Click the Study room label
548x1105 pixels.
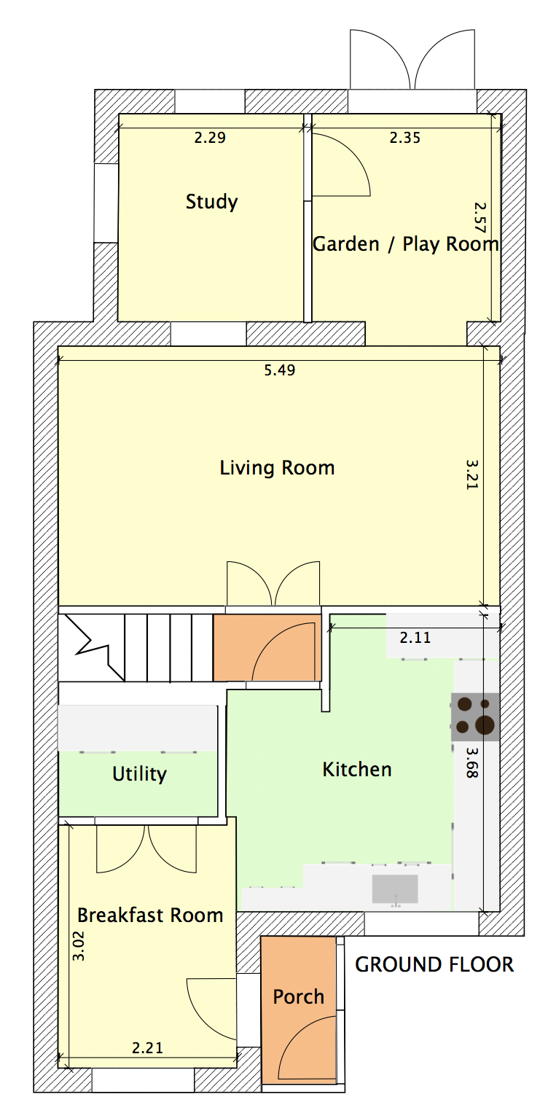[211, 202]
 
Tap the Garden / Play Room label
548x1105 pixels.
[405, 243]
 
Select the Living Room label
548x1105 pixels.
[277, 468]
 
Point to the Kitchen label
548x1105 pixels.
[357, 769]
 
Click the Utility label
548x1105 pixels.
[140, 774]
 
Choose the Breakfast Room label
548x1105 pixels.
[150, 915]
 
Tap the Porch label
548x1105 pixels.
[299, 996]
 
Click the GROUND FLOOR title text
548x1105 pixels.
[434, 964]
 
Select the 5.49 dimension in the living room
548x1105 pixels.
[280, 370]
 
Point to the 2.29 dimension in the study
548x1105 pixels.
[210, 137]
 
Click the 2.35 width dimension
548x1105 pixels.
[405, 138]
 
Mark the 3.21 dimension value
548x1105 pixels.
[472, 475]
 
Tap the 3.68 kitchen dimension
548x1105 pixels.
[472, 762]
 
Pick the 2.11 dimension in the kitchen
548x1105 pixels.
[415, 638]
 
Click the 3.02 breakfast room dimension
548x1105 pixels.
[79, 945]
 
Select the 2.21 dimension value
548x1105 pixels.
[147, 1047]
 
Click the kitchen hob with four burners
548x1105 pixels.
[475, 717]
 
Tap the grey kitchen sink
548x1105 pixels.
[395, 889]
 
